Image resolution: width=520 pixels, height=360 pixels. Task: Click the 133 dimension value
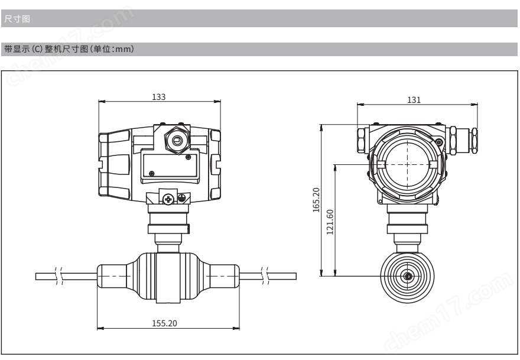point(158,97)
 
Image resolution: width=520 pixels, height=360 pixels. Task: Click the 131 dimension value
point(414,100)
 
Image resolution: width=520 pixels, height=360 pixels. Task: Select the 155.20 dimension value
point(164,323)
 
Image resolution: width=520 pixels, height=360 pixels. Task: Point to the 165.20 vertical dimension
point(316,200)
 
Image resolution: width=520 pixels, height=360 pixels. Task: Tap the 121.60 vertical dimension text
point(330,222)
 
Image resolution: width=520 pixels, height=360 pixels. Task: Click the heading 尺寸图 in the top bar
point(17,18)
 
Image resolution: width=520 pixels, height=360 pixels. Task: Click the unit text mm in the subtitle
point(122,49)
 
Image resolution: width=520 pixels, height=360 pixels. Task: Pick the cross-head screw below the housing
point(168,199)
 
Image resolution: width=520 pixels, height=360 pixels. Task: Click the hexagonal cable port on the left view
point(177,140)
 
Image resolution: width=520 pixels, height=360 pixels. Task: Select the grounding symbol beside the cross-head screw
point(181,199)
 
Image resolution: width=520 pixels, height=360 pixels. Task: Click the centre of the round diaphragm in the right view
point(408,276)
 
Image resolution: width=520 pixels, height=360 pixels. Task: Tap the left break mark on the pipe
point(58,276)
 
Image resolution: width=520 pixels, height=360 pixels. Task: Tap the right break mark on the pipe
point(265,276)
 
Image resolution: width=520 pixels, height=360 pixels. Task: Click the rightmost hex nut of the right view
point(474,141)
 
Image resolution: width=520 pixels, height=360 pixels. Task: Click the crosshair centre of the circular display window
point(408,164)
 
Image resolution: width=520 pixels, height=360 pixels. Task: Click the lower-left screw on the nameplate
point(152,173)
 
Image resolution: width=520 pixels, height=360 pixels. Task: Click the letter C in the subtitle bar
point(37,49)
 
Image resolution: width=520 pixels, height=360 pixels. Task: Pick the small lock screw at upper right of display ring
point(438,142)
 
